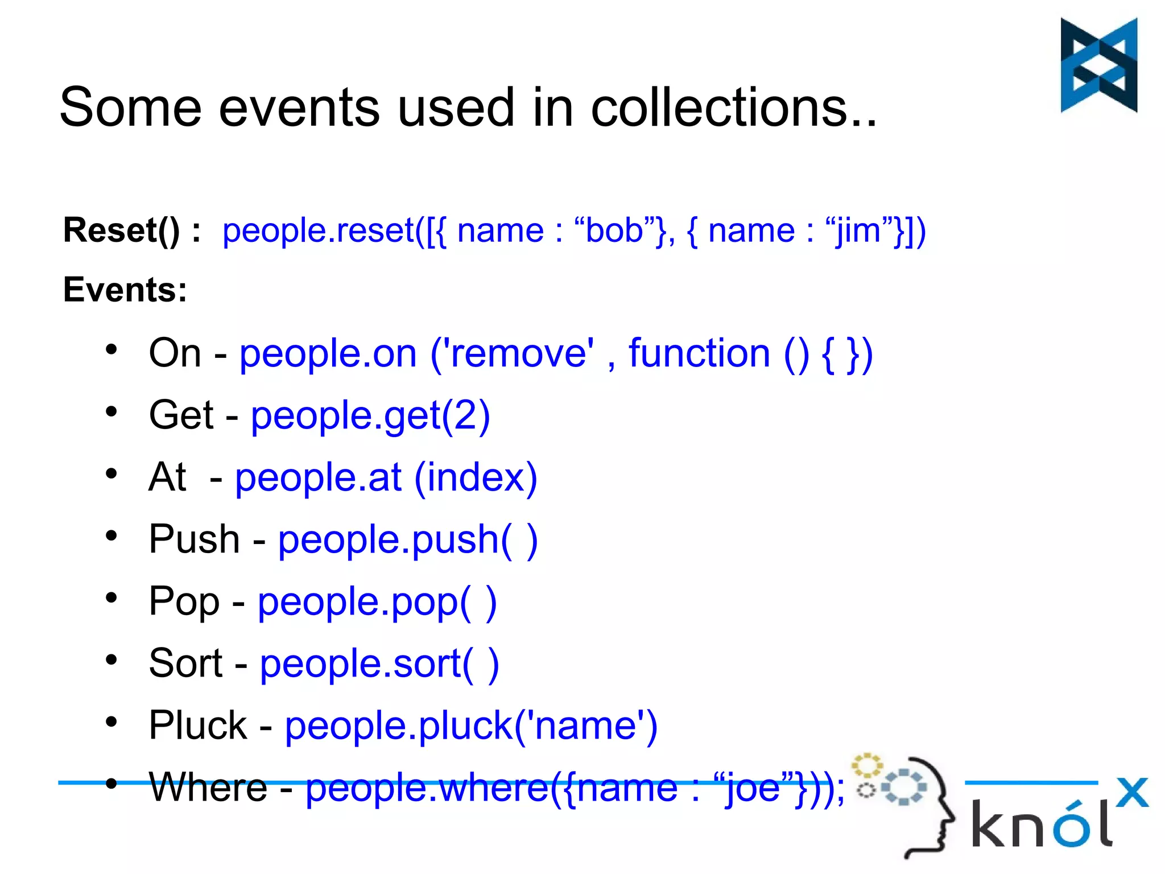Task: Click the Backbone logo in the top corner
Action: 1098,65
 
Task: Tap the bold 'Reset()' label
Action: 121,230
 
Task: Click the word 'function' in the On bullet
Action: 699,353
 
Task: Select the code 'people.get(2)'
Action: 370,415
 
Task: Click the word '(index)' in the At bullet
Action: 476,477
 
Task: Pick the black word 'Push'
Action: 194,539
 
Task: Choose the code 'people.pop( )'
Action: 377,601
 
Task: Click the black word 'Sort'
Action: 185,663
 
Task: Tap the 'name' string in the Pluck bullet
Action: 585,725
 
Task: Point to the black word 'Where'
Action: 208,788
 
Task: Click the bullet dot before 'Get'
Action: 111,412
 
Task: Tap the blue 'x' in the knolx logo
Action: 1131,792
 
